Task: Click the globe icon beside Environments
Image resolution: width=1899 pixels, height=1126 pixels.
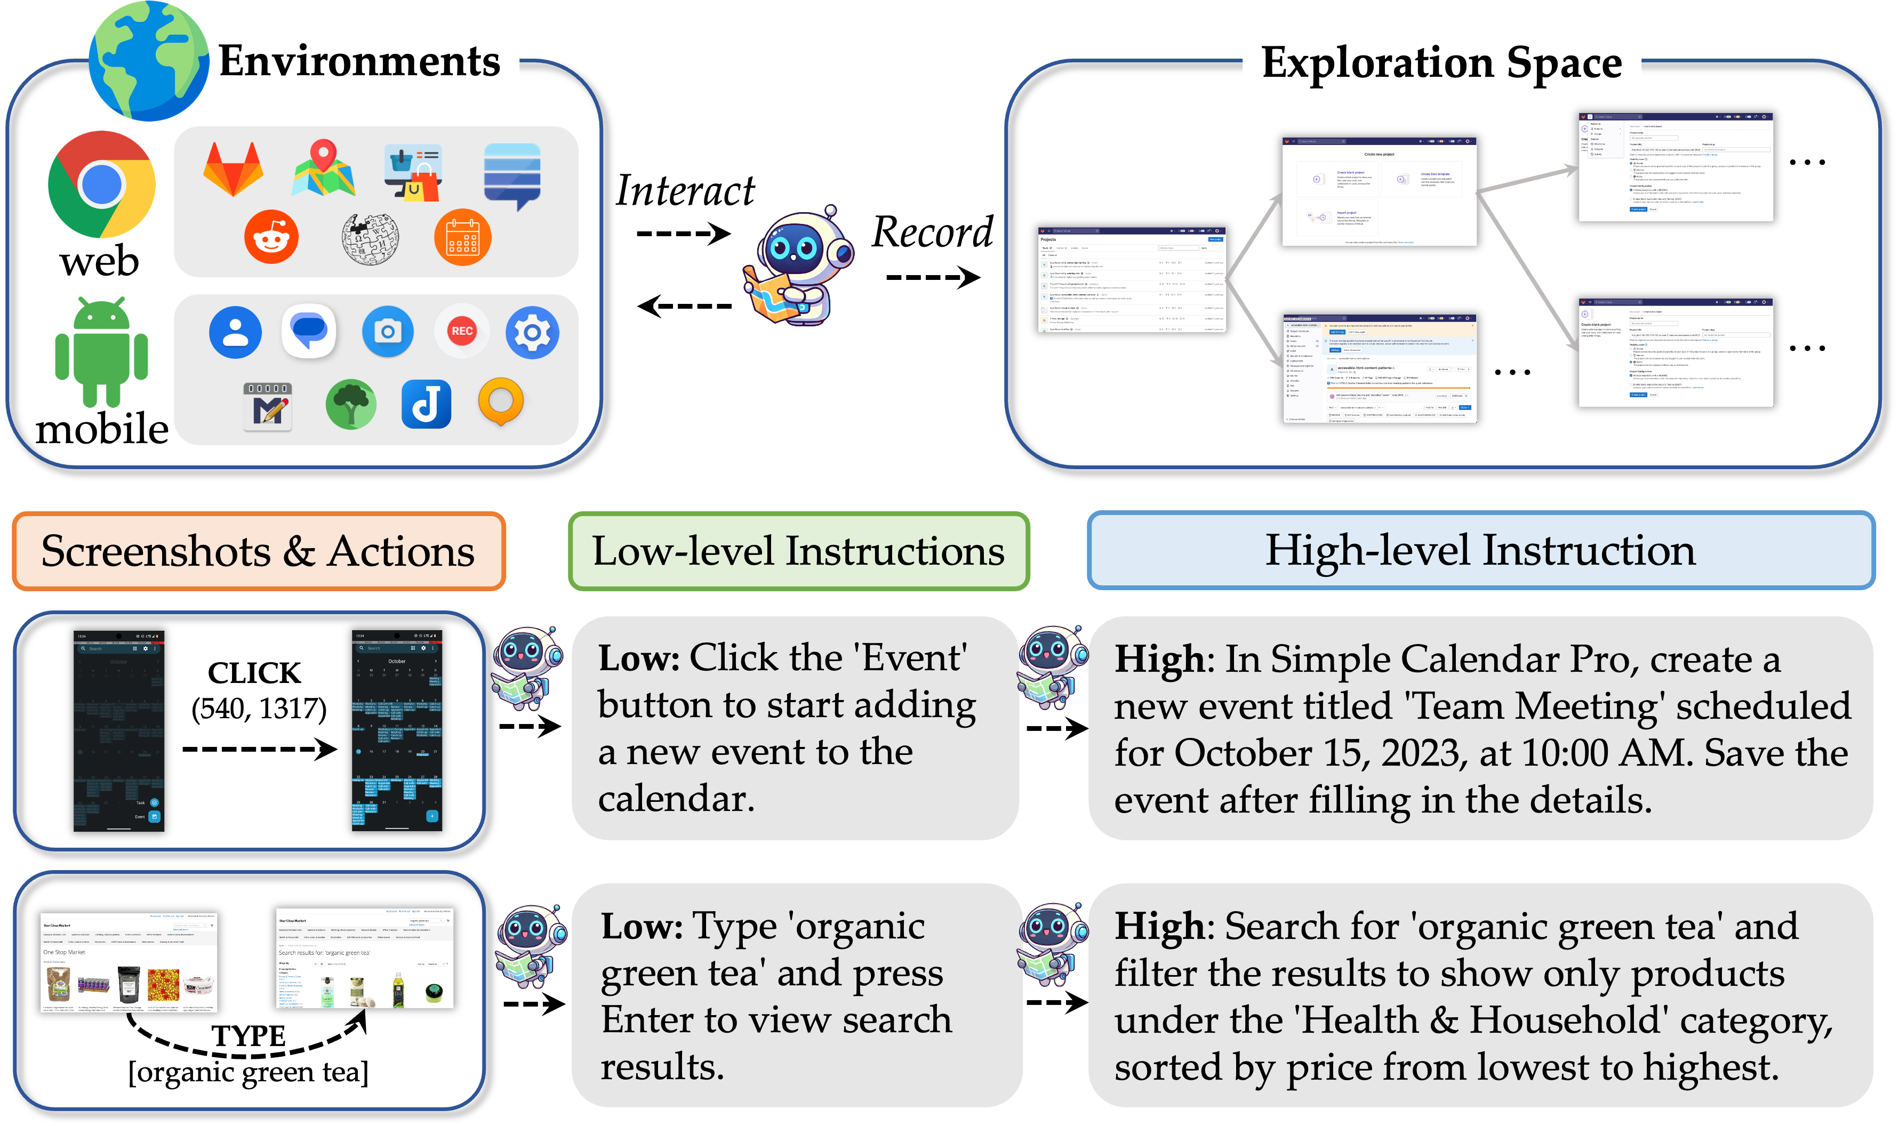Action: [x=149, y=61]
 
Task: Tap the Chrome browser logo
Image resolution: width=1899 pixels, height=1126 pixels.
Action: [x=102, y=184]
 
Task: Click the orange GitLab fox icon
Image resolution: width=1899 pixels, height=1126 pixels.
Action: [x=233, y=168]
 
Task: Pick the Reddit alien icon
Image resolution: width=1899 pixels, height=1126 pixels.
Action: [x=271, y=237]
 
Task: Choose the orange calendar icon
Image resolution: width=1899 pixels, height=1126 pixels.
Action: [x=462, y=237]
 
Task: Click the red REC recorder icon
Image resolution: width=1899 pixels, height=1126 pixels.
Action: [x=461, y=331]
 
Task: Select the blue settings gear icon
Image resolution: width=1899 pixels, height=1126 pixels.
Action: [x=532, y=332]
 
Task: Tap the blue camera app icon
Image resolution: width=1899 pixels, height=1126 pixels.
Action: [x=388, y=332]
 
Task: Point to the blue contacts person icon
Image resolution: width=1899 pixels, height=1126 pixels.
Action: [x=235, y=332]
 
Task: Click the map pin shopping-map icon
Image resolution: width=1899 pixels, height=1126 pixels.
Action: [x=323, y=168]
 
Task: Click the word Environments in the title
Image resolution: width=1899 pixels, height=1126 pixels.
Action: [x=359, y=61]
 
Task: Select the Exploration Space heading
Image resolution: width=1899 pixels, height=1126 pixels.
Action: [x=1441, y=62]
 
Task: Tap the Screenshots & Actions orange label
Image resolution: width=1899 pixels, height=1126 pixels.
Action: [x=258, y=551]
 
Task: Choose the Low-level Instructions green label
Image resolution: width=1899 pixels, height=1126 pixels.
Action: [x=798, y=551]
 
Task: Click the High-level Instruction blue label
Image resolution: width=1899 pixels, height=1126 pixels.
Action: [x=1480, y=550]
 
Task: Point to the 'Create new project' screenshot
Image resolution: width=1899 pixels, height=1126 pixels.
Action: [x=1379, y=192]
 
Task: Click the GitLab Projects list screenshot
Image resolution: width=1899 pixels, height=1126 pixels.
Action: [x=1132, y=279]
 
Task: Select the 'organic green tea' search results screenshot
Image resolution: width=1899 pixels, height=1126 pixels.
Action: [x=364, y=958]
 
